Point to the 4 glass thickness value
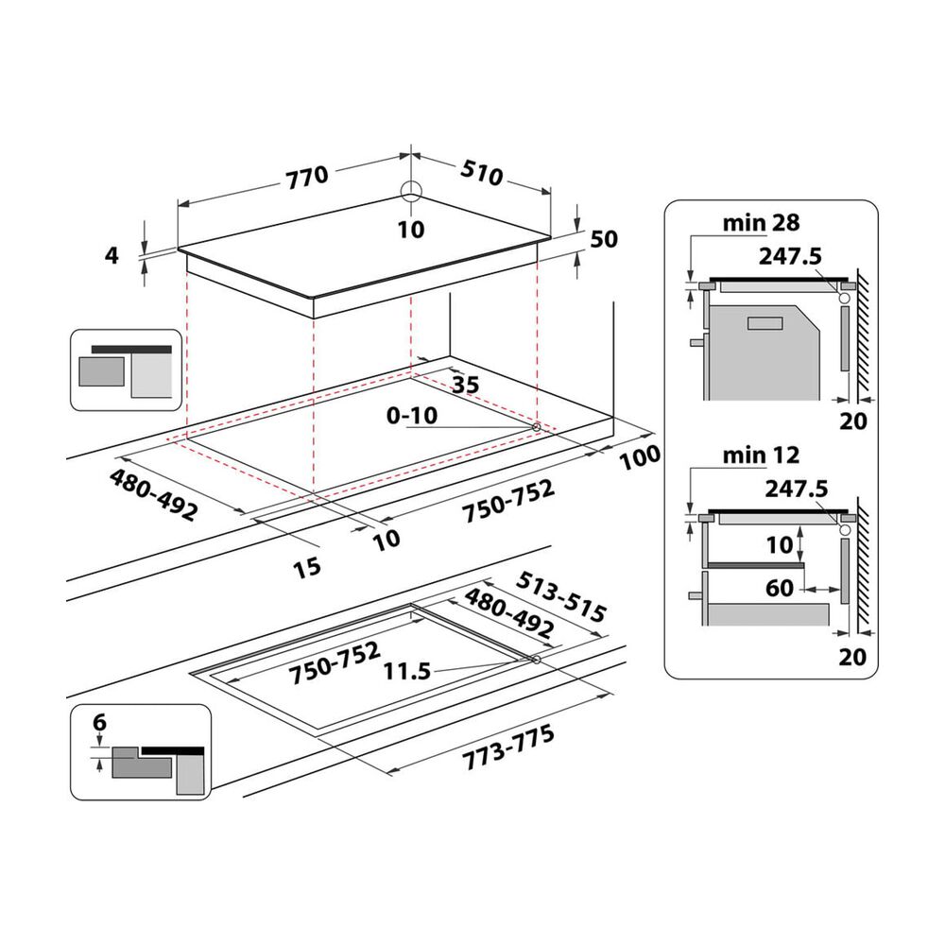[x=112, y=255]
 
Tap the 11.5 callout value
[x=407, y=672]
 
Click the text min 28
[x=761, y=223]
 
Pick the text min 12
[x=761, y=456]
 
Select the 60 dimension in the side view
[x=780, y=589]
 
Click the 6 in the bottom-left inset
[x=100, y=724]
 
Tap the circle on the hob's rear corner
[x=411, y=191]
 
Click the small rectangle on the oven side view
[x=764, y=323]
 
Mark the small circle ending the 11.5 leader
[x=536, y=661]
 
